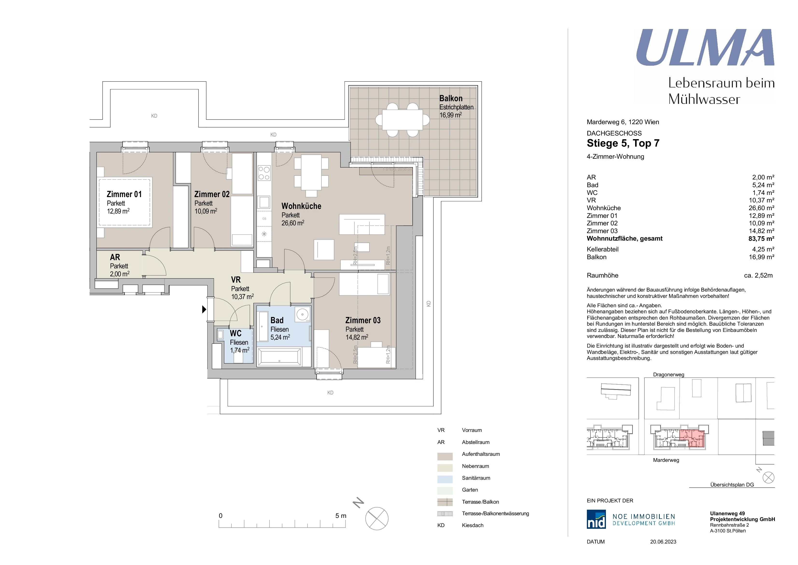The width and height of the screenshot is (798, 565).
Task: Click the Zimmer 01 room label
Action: [124, 194]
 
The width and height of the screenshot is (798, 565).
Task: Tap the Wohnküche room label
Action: [301, 206]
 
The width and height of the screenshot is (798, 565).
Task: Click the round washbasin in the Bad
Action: [302, 315]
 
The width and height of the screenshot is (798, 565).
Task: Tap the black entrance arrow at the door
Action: [204, 309]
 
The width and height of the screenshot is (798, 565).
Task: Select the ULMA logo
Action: [705, 47]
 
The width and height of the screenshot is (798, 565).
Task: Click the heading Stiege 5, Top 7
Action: [623, 143]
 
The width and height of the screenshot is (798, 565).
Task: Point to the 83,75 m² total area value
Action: [761, 239]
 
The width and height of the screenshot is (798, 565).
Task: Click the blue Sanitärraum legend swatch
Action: [445, 479]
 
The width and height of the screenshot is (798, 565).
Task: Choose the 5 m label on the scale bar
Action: [341, 515]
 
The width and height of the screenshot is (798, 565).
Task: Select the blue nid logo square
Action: [596, 519]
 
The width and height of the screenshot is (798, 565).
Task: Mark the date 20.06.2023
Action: [663, 542]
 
